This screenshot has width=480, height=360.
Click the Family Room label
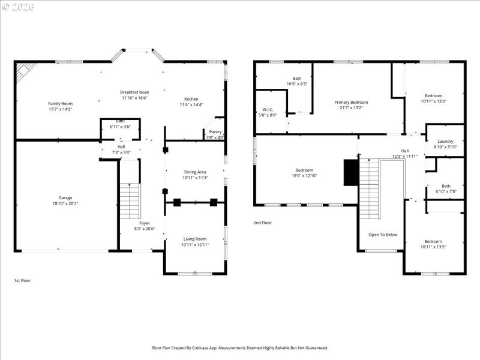(x=60, y=103)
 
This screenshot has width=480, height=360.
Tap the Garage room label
(x=65, y=197)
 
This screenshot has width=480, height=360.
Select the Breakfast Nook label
(x=134, y=92)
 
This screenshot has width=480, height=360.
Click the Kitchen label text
(x=191, y=99)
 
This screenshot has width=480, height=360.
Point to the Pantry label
(x=215, y=131)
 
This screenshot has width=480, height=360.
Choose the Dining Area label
(x=195, y=172)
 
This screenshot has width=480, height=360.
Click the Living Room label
(x=194, y=239)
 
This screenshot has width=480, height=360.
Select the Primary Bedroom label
(x=351, y=102)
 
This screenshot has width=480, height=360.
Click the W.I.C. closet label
(x=268, y=109)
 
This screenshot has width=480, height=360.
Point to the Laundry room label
(x=445, y=141)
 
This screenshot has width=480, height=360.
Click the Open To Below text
(x=383, y=235)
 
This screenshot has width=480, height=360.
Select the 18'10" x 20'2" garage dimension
(x=65, y=203)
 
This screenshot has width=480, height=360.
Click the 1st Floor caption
(x=22, y=280)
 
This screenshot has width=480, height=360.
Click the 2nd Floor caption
(x=262, y=223)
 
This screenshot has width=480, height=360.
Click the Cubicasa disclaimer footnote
(x=240, y=348)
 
